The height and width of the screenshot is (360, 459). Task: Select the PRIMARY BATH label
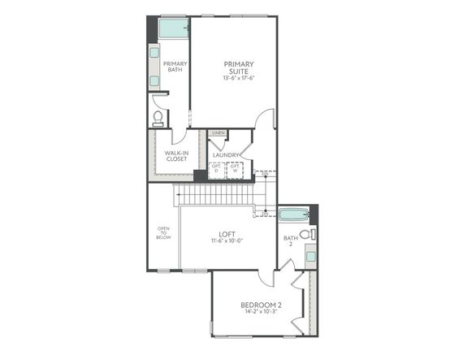pyautogui.click(x=174, y=67)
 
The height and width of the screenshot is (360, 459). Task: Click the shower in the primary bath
pyautogui.click(x=173, y=28)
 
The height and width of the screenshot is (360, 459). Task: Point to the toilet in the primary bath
pyautogui.click(x=158, y=119)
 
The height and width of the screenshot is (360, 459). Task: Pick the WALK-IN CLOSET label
pyautogui.click(x=176, y=156)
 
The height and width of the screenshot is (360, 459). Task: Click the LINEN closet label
pyautogui.click(x=217, y=132)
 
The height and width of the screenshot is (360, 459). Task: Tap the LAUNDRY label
pyautogui.click(x=225, y=155)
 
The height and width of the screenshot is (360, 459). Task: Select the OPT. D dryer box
pyautogui.click(x=216, y=169)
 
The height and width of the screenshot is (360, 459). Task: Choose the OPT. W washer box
pyautogui.click(x=235, y=169)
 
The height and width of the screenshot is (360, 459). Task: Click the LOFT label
pyautogui.click(x=227, y=233)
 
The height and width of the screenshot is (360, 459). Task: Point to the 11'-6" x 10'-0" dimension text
pyautogui.click(x=227, y=242)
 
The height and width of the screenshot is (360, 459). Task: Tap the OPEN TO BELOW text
pyautogui.click(x=163, y=233)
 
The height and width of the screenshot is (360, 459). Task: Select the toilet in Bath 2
pyautogui.click(x=306, y=234)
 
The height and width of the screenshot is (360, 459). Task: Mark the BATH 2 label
pyautogui.click(x=290, y=242)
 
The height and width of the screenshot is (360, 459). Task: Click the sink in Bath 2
pyautogui.click(x=310, y=255)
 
